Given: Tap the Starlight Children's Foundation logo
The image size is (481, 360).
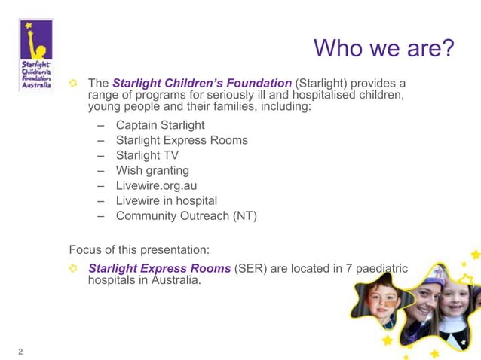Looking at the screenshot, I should tap(35, 54).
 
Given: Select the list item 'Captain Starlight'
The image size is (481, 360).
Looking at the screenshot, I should tap(160, 125).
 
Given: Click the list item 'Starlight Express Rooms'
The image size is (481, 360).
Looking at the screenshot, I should tap(182, 140).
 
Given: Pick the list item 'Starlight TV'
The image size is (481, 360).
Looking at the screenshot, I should tap(147, 155).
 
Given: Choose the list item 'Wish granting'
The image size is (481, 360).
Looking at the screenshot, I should tap(152, 170).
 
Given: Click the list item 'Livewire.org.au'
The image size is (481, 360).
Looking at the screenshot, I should tap(156, 185).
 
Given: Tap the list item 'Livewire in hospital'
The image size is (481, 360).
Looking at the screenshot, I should tap(166, 201).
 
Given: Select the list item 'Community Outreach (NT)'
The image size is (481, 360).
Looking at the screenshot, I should tap(186, 216).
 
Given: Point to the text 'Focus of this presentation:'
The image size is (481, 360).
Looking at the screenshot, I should tap(139, 249).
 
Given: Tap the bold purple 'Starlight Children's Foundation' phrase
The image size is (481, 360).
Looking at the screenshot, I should tap(202, 82).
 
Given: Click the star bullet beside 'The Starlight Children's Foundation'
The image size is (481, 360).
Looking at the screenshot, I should tap(73, 82).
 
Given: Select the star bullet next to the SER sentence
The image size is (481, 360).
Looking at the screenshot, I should tap(73, 268).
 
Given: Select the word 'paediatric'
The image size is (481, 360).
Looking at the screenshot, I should tap(381, 268).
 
